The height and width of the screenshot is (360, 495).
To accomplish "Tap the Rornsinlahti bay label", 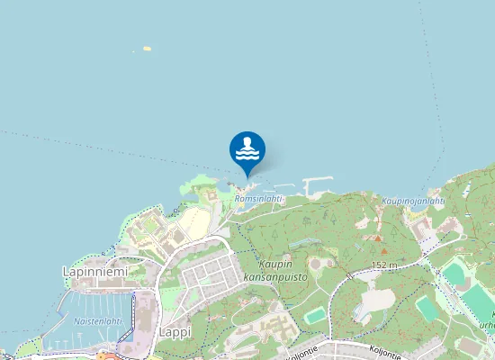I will pos(258,198).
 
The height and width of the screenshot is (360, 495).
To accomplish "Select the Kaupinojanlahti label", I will pos(413,201).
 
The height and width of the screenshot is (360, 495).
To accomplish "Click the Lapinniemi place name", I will pos(94,271).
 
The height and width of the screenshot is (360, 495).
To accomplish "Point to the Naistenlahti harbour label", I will pos(97,320).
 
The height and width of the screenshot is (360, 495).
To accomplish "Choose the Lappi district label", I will pos(175,332).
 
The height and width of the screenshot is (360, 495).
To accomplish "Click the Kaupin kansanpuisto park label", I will pos(274,271).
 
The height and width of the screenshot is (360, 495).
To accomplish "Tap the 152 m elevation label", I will pos(383,265).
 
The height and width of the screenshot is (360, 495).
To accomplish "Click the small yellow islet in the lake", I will pos(146,49).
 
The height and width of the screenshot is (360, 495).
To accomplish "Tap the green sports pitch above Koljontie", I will pos(315,315).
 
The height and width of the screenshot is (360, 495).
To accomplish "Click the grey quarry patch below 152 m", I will pos(378,299).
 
